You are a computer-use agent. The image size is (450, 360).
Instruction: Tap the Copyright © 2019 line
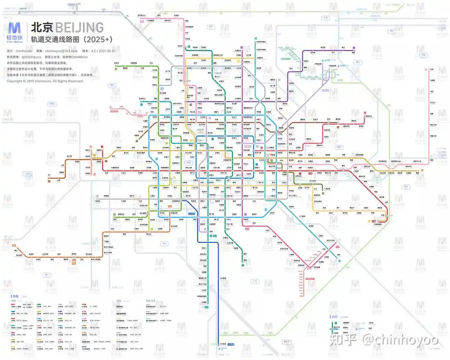click(x=45, y=81)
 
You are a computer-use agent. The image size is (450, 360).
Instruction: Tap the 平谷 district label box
click(x=423, y=56)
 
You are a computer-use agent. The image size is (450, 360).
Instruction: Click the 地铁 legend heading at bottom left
click(x=15, y=296)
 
